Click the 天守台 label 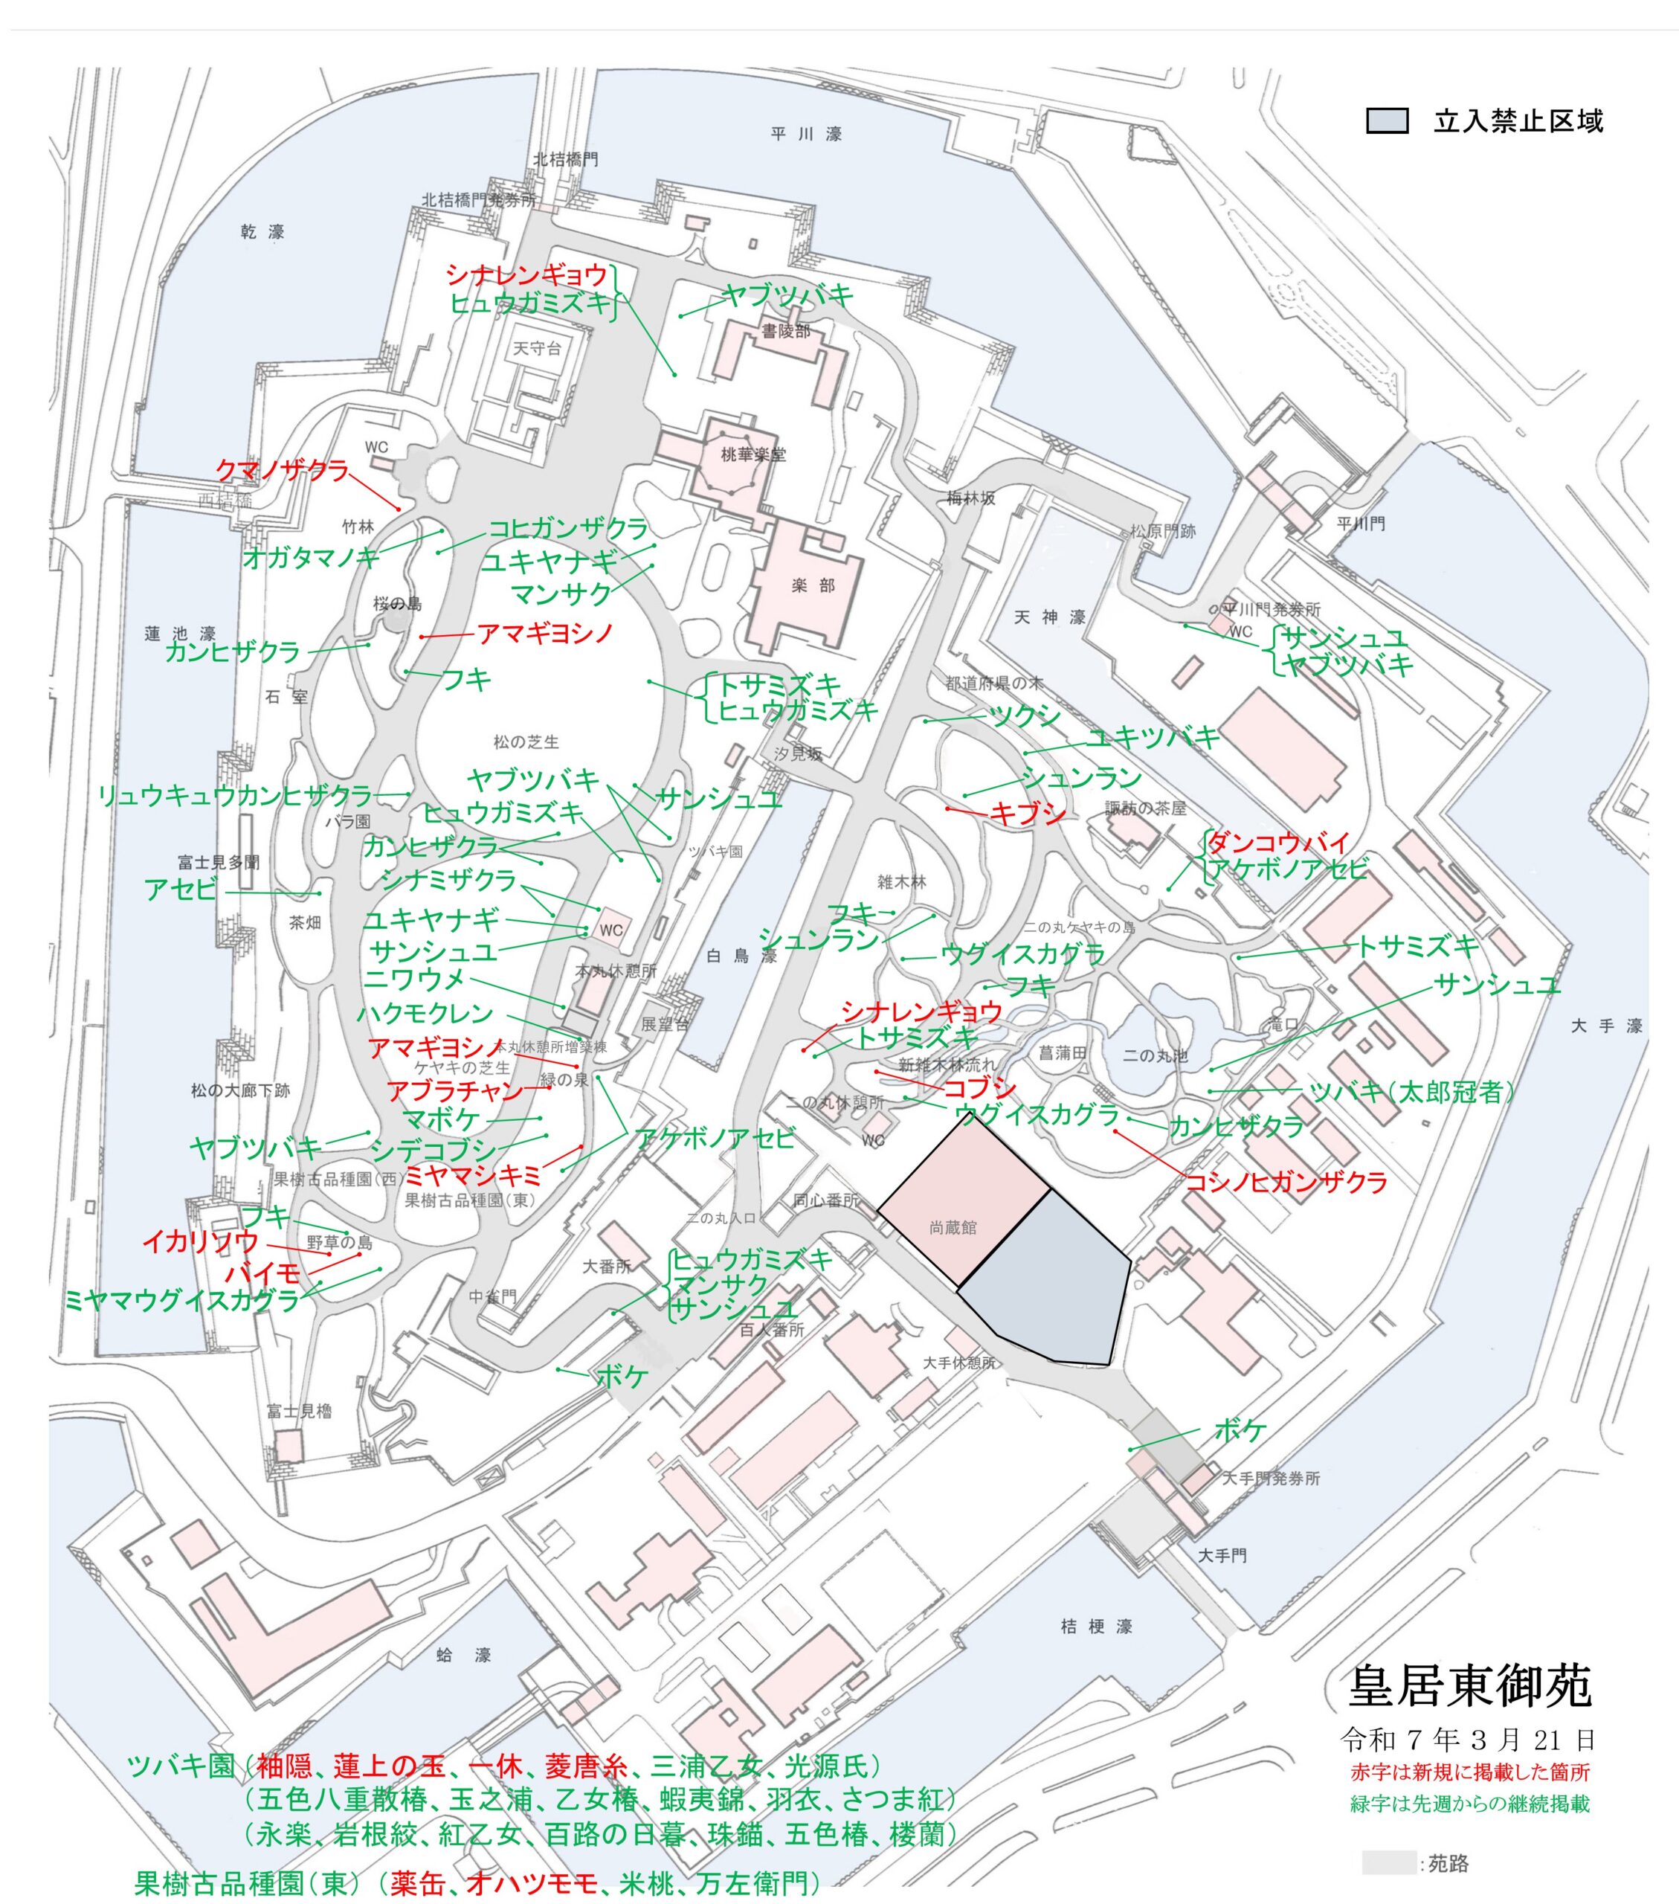coord(538,348)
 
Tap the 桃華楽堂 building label coord(753,454)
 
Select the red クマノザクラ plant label coord(282,470)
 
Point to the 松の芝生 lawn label coord(526,742)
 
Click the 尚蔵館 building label coord(953,1228)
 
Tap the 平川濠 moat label coord(807,134)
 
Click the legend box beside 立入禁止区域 coord(1387,121)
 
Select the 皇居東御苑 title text coord(1469,1685)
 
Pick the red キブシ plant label coord(1027,813)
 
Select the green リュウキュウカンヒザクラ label coord(236,796)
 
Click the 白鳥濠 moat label coord(741,956)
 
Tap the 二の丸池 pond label coord(1155,1055)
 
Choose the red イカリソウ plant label coord(200,1241)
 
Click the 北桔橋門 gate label coord(565,159)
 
